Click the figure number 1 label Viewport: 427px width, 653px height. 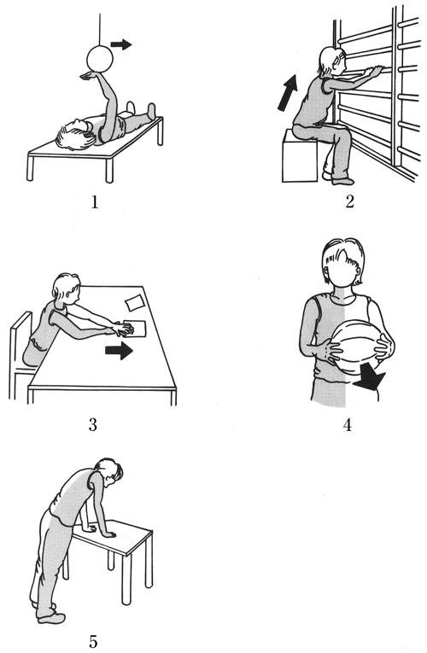[x=96, y=202]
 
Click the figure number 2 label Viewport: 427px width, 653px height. [x=349, y=201]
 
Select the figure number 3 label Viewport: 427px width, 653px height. [x=92, y=425]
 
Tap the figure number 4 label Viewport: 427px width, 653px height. [x=347, y=425]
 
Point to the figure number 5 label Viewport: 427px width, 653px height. [x=93, y=641]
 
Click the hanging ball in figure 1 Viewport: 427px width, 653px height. [x=100, y=59]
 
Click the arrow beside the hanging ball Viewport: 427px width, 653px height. [x=121, y=44]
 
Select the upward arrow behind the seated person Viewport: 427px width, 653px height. [x=288, y=93]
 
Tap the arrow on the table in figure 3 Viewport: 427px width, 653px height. [x=119, y=351]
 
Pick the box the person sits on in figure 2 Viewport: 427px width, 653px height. [x=300, y=156]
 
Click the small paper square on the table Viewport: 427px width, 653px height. [x=135, y=302]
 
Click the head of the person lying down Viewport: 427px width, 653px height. [x=75, y=134]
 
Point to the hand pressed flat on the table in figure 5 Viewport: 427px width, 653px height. [x=107, y=533]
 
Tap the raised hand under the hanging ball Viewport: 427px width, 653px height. [x=91, y=75]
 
